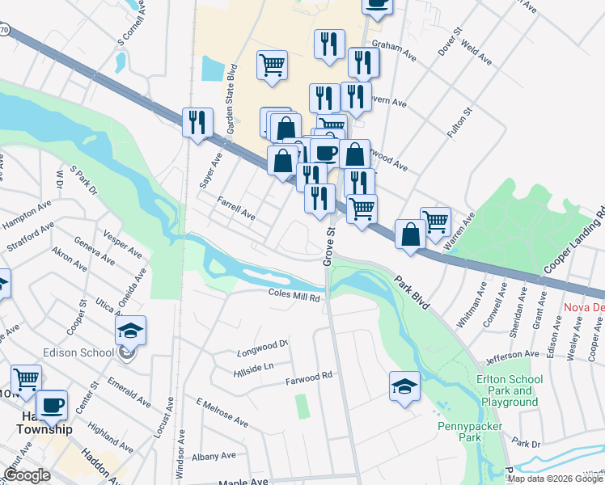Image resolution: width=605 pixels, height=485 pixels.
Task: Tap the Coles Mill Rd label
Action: pos(295,297)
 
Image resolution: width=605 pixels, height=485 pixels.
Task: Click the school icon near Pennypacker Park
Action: pos(404,386)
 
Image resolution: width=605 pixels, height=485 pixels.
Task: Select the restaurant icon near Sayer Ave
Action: pos(197,123)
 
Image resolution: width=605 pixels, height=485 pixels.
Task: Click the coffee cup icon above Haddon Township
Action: pos(53,405)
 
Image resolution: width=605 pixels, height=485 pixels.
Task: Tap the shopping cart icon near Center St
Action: pos(26,378)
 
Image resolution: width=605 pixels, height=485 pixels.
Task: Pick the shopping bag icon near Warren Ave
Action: pos(410,234)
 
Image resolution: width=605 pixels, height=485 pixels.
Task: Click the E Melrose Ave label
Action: pos(222,412)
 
